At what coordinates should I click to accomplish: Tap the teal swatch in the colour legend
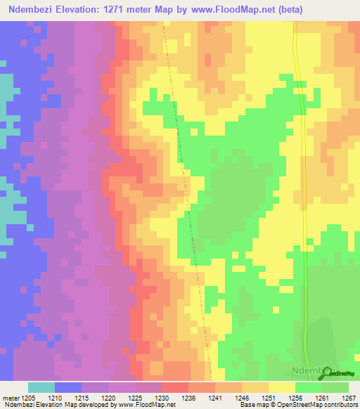tap(41, 387)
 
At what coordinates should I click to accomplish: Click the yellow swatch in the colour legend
tap(281, 387)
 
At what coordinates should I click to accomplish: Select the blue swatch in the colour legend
tap(68, 387)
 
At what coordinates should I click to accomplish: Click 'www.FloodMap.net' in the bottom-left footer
tap(146, 405)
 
